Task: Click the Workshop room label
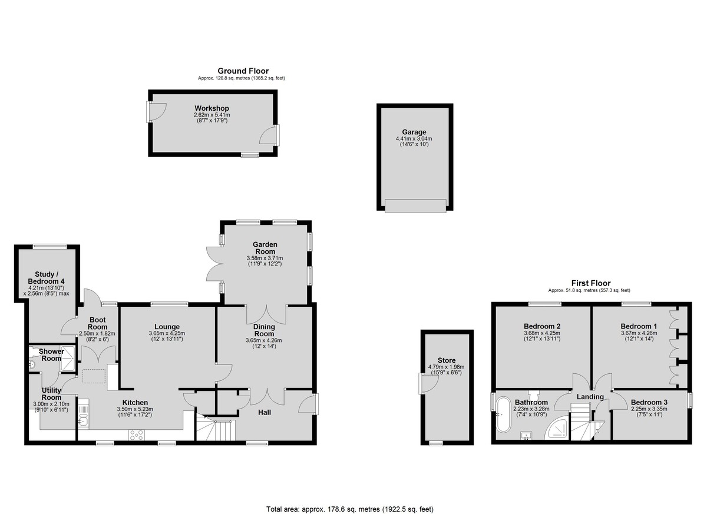[212, 108]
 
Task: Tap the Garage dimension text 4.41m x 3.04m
[414, 138]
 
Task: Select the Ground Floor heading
[243, 71]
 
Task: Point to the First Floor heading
[591, 283]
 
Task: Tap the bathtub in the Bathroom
[503, 414]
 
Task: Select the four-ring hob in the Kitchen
[136, 435]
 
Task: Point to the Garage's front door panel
[415, 206]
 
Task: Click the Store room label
[447, 360]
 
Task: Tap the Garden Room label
[265, 248]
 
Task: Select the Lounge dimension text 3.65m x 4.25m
[167, 333]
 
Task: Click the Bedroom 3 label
[649, 402]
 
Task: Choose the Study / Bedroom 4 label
[47, 278]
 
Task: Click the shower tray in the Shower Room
[68, 359]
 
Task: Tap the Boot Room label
[97, 324]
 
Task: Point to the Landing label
[590, 397]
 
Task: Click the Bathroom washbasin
[526, 436]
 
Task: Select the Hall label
[265, 413]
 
